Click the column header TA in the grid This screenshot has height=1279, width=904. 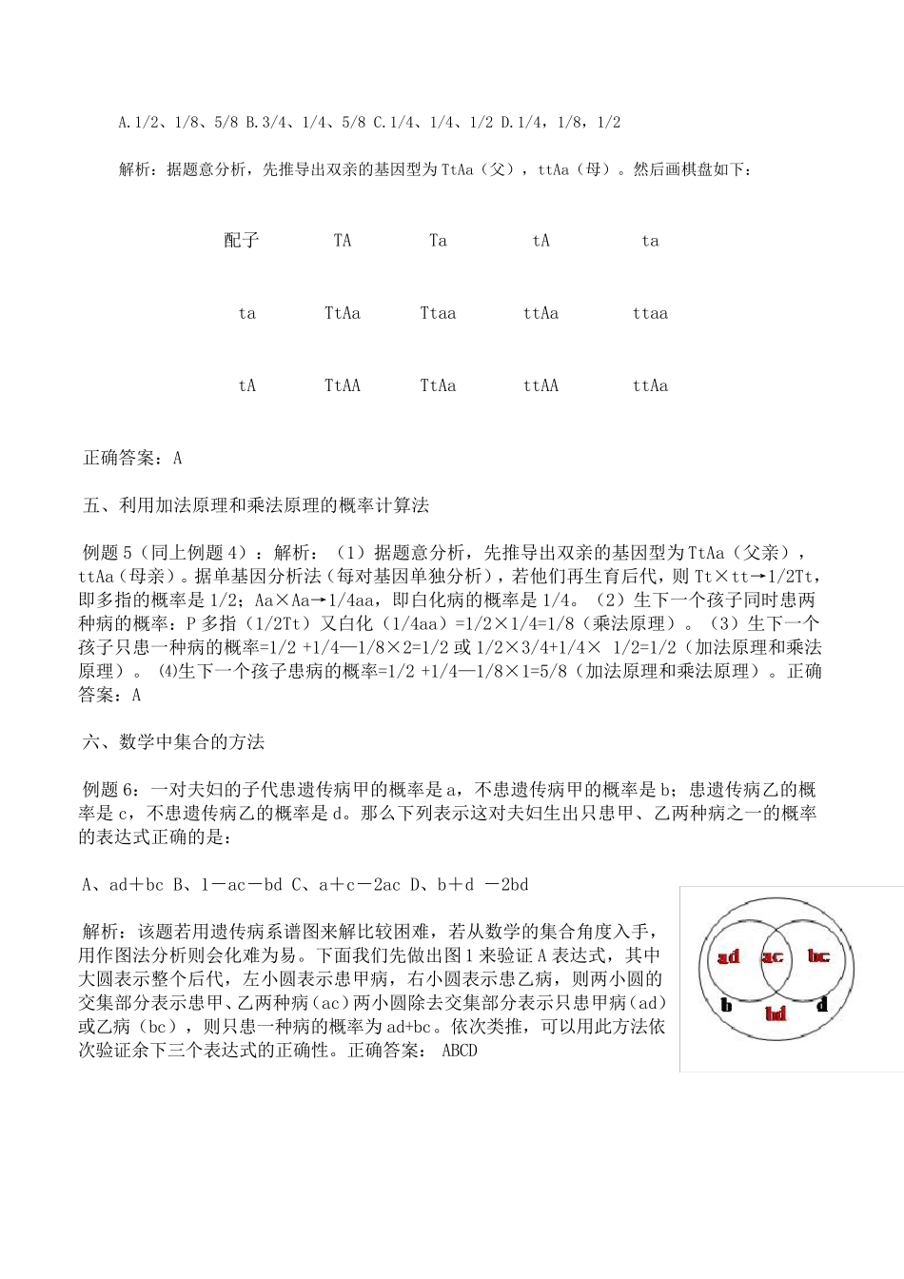click(x=343, y=241)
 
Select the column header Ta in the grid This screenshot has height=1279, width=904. click(x=438, y=241)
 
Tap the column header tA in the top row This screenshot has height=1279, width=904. click(x=540, y=241)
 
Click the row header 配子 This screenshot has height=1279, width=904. click(x=242, y=241)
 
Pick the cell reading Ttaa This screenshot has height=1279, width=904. click(x=438, y=313)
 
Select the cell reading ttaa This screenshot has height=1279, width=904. click(x=650, y=313)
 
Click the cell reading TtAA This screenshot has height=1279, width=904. click(x=343, y=385)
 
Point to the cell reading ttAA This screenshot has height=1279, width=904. click(x=540, y=385)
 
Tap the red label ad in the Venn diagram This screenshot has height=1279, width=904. click(x=729, y=956)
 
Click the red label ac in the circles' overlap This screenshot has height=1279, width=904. click(x=773, y=956)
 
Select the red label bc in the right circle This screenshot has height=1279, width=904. click(x=817, y=955)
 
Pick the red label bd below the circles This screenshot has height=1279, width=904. click(x=776, y=1014)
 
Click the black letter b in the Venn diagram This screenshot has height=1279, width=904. click(x=726, y=1004)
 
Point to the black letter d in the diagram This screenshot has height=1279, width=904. click(x=822, y=1004)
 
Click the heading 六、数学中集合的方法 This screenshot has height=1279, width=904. click(x=174, y=742)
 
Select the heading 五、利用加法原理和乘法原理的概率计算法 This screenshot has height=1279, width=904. click(x=257, y=505)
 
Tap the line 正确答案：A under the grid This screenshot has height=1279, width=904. click(x=133, y=458)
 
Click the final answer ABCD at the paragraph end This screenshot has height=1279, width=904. click(x=460, y=1051)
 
